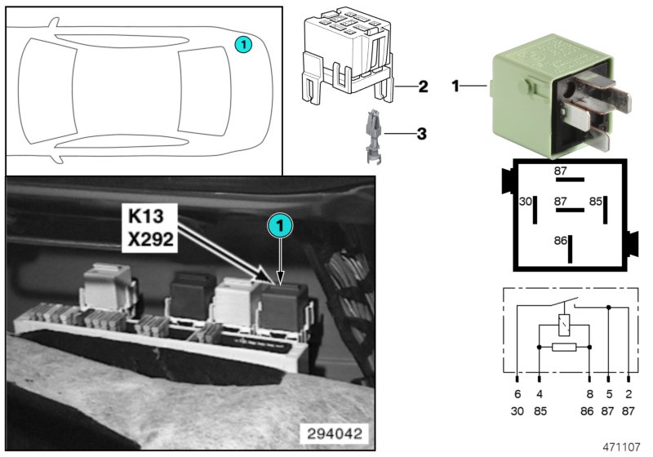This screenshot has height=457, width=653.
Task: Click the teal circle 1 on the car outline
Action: coord(243,44)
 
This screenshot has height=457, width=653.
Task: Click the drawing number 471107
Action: coord(623,447)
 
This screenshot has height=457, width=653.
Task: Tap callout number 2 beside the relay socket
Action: coord(423,86)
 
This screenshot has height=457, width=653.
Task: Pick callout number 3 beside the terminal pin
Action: coord(422,132)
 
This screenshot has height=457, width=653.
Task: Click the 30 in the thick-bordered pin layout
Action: coord(526,201)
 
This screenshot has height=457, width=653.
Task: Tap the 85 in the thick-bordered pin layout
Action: coord(597,201)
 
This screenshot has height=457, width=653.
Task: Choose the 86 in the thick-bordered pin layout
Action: coord(559,242)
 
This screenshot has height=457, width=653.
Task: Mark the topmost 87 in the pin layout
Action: coord(560,171)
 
